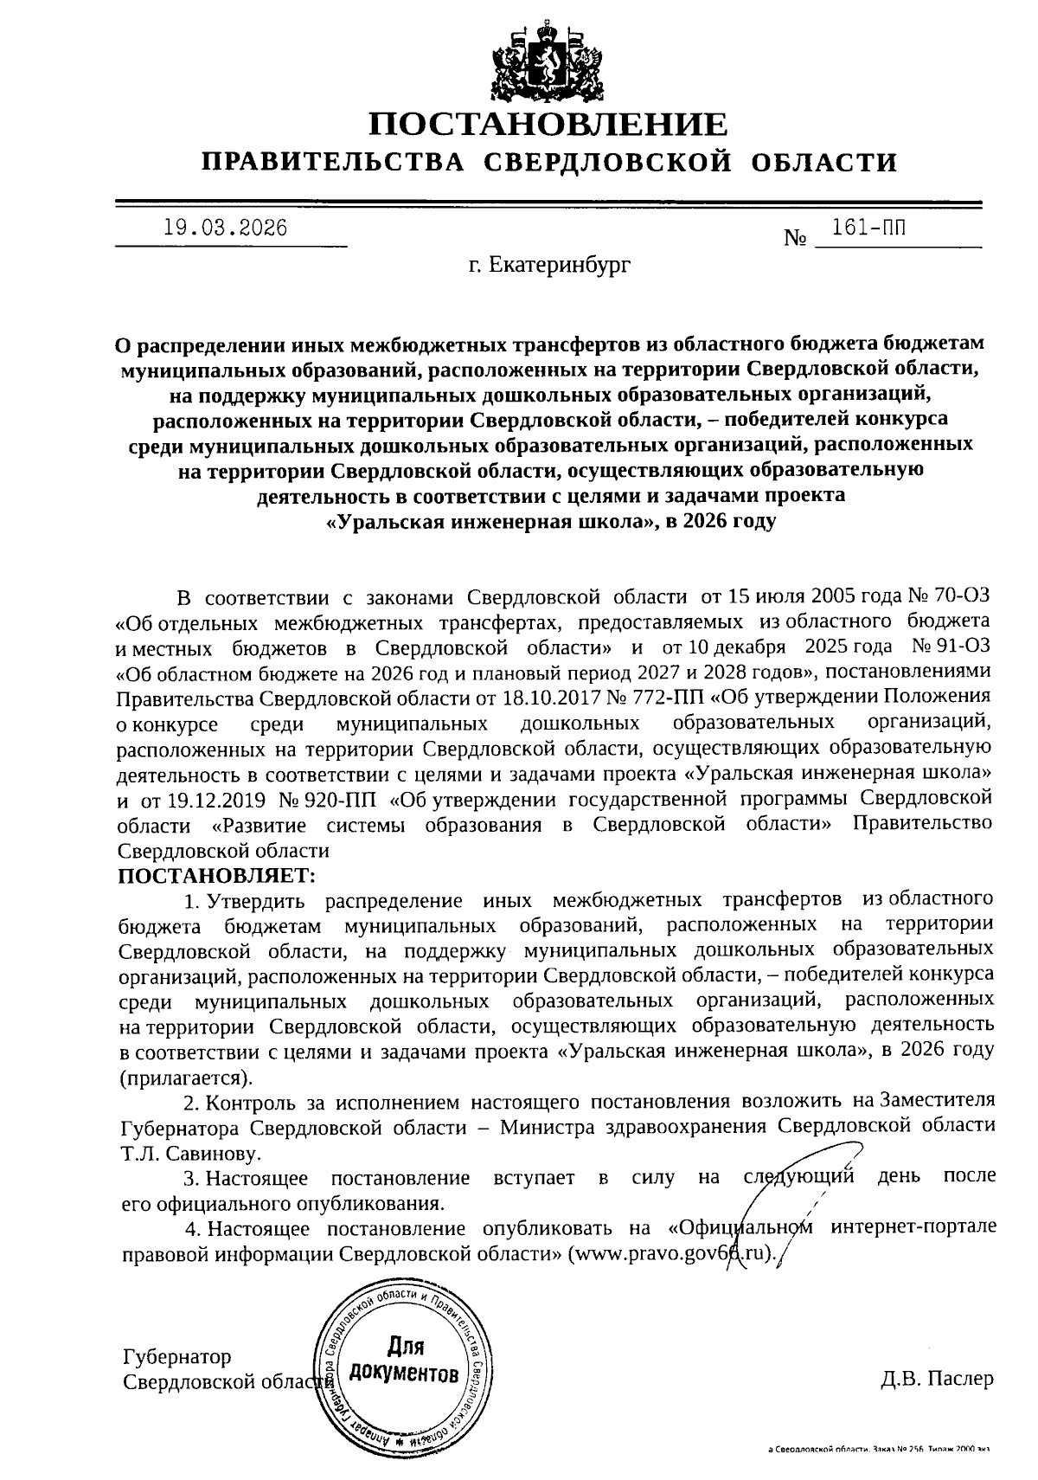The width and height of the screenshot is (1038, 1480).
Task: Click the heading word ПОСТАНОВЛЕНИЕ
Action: (549, 125)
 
